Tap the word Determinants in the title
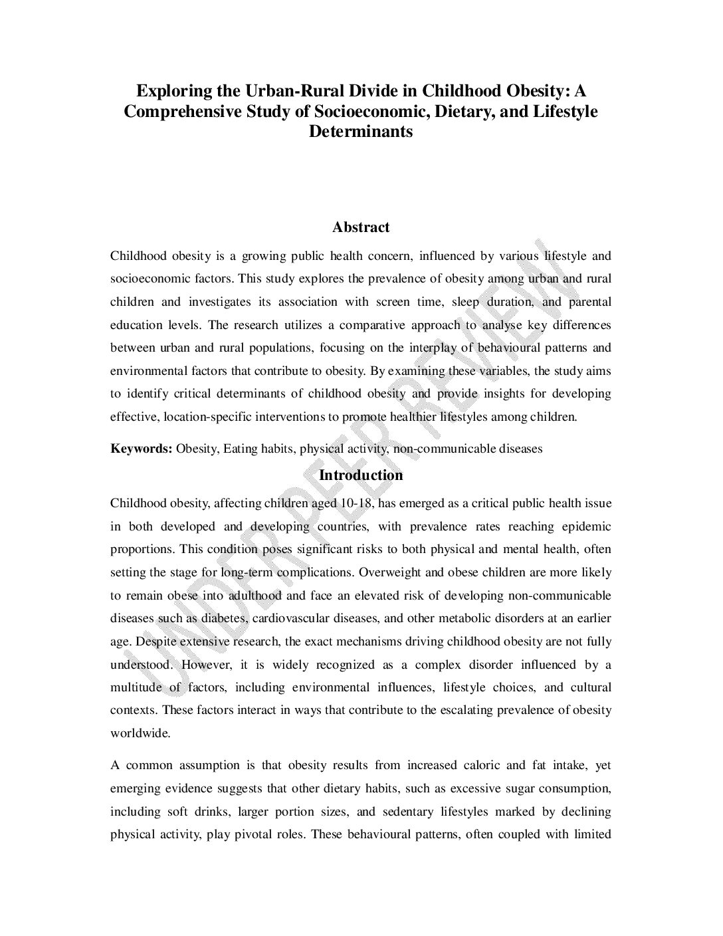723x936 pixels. [361, 132]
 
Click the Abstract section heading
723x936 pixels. [361, 227]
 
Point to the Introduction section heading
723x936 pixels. [361, 475]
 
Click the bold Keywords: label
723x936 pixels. [142, 449]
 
